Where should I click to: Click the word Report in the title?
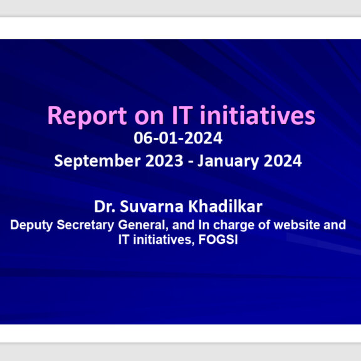[87, 117]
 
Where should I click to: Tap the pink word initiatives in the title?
[258, 115]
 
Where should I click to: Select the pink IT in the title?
[182, 115]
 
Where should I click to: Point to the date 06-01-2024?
[178, 138]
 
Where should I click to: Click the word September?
[97, 162]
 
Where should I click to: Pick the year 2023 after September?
[164, 160]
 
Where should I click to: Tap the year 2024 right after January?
[283, 160]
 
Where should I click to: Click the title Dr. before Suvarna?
[105, 206]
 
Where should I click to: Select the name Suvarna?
[152, 206]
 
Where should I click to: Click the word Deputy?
[31, 226]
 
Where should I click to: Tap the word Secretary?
[85, 226]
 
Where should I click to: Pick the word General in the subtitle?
[143, 225]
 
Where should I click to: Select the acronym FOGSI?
[218, 239]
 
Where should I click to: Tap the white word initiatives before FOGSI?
[162, 239]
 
